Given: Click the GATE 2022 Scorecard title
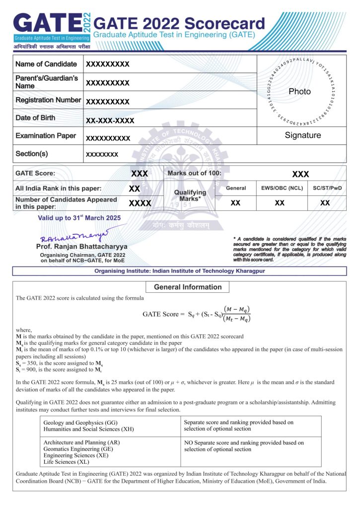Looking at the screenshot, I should pos(179,23).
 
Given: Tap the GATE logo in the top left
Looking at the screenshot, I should pos(50,27).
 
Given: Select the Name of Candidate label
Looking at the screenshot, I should pos(46,64).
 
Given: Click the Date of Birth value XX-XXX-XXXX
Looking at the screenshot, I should pos(110,121).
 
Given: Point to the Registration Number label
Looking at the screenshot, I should pos(48,100).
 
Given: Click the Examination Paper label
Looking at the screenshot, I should pos(46,136).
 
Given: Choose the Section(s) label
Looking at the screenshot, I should pos(32,154).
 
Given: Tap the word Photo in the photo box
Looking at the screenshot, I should pos(299,92).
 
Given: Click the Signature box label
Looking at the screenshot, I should pos(303,135).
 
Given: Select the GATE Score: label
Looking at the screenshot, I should pos(36,174).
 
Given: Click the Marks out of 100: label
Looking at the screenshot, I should pos(195,174).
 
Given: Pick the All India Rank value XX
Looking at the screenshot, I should pos(134,189).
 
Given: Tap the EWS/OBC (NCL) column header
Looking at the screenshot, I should pos(280,189).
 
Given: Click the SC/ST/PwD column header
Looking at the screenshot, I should pos(327,189).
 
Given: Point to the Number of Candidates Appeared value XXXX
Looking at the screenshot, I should pos(140,203).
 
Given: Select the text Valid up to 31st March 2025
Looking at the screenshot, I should pos(79,218).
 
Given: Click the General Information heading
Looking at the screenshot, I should pos(188,287).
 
